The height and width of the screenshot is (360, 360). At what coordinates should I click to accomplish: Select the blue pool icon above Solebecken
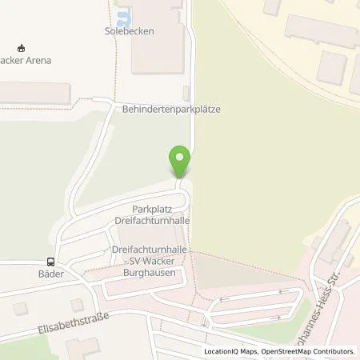point(122,18)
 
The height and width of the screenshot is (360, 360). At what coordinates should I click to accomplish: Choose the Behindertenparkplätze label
point(171,109)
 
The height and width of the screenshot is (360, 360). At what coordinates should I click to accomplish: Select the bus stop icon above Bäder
point(50,261)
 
